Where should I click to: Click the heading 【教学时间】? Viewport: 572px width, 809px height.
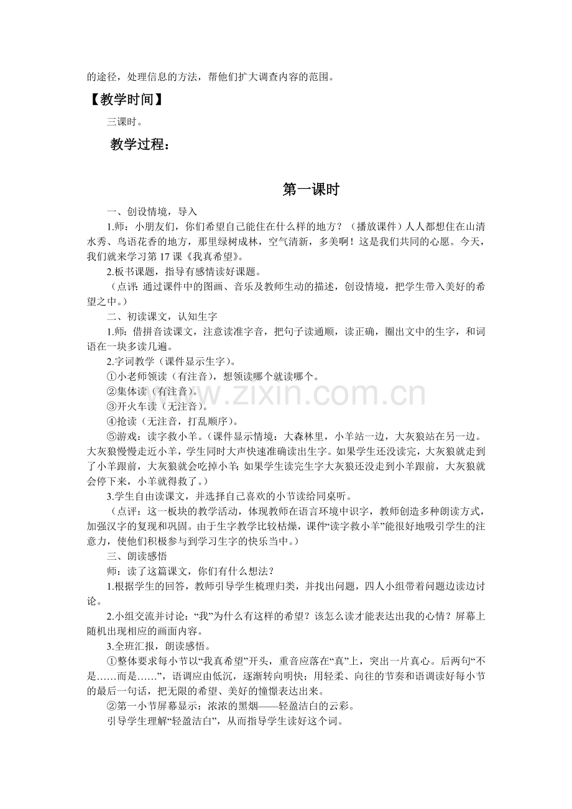pyautogui.click(x=126, y=99)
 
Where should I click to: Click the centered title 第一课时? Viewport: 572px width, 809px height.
pyautogui.click(x=310, y=190)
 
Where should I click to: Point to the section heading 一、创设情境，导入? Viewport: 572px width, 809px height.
pyautogui.click(x=152, y=211)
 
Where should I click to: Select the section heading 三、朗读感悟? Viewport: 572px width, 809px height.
pyautogui.click(x=136, y=555)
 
